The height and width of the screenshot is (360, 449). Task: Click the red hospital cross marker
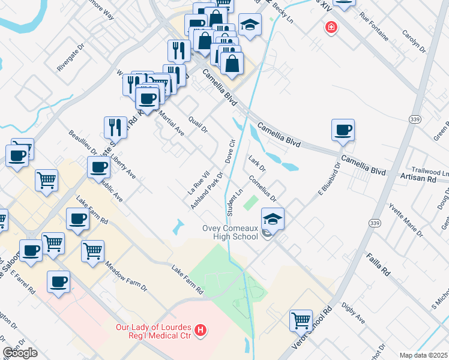tap(330, 28)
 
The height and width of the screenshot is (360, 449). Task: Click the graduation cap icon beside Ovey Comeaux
tap(273, 220)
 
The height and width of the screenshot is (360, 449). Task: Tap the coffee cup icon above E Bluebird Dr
tap(343, 130)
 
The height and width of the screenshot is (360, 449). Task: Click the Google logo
tap(20, 353)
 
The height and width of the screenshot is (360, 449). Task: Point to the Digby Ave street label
tap(352, 313)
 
